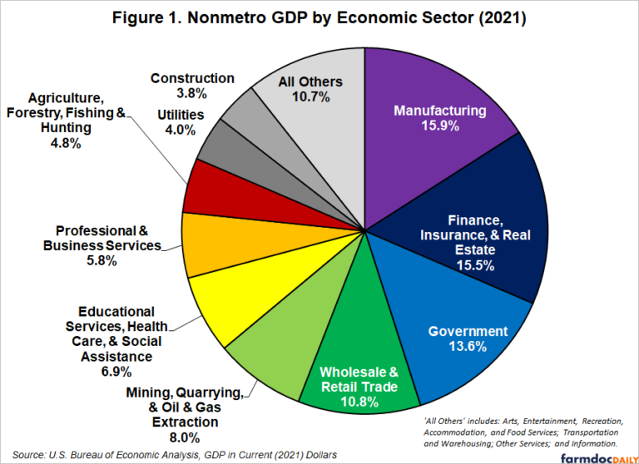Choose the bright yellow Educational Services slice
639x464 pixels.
(225, 308)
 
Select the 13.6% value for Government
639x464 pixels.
(468, 347)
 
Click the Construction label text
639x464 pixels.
(192, 78)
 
